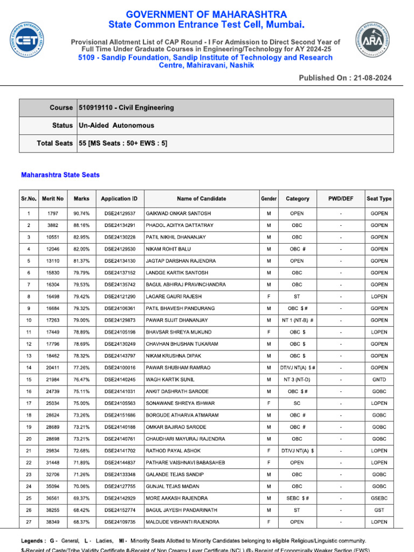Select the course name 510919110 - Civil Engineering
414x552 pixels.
pos(126,108)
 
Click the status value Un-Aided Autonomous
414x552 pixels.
pos(116,126)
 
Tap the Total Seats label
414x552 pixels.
pos(54,143)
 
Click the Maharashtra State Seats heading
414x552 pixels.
pos(60,175)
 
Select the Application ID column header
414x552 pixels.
pos(119,198)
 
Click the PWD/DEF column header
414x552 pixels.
pos(341,198)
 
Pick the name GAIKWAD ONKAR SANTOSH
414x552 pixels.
pos(178,213)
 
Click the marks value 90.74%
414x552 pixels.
pos(81,213)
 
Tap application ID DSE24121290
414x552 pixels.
pos(120,296)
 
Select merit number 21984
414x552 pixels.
pos(52,379)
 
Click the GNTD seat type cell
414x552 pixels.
pos(379,379)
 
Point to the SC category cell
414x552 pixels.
pos(297,403)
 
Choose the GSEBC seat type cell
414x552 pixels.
pos(379,498)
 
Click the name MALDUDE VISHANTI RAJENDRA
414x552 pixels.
pos(182,522)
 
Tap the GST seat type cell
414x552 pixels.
pos(379,510)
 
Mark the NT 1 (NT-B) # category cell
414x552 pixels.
pos(297,320)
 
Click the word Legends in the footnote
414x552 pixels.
pos(33,541)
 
